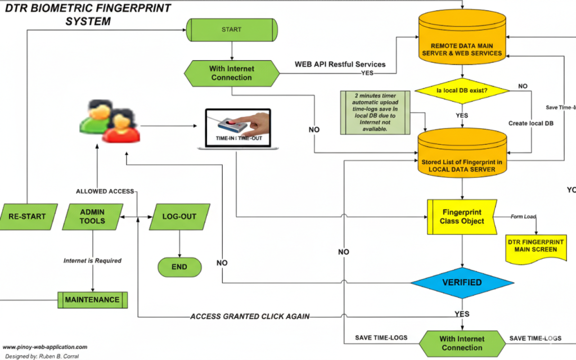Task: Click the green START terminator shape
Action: click(231, 30)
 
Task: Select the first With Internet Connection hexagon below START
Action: click(231, 73)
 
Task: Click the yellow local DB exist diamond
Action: click(462, 90)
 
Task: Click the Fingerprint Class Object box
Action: click(462, 217)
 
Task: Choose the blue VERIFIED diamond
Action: click(462, 282)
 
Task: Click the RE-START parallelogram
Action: click(27, 217)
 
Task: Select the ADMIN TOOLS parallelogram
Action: click(92, 217)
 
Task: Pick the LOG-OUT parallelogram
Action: click(179, 217)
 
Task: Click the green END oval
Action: click(179, 267)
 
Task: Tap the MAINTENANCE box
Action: click(92, 300)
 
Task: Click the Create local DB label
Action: click(532, 123)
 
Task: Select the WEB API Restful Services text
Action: click(340, 64)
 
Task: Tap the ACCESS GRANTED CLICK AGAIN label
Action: click(250, 317)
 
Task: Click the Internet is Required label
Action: click(92, 260)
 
